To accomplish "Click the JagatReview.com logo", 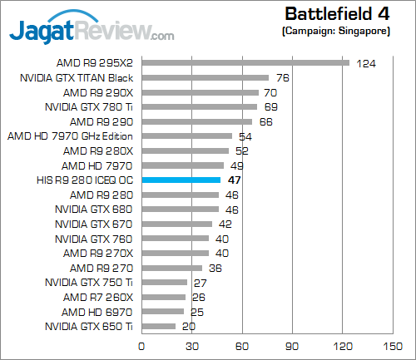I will click(x=92, y=31).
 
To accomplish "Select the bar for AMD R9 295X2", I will click(x=245, y=62).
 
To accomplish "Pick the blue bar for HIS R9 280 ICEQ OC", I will click(x=181, y=180).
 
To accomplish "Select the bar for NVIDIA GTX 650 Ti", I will click(x=159, y=327).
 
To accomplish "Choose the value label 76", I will click(x=282, y=78).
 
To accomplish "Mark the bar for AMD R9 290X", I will click(x=201, y=91).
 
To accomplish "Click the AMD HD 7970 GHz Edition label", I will click(x=70, y=136).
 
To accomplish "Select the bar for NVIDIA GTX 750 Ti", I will click(x=165, y=283).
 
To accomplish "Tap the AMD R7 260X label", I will click(x=97, y=297).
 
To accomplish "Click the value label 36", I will click(x=215, y=269).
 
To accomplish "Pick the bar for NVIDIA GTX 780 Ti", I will click(x=200, y=106).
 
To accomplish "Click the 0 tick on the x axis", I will click(x=142, y=346).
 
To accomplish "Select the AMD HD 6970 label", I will click(x=97, y=312).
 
